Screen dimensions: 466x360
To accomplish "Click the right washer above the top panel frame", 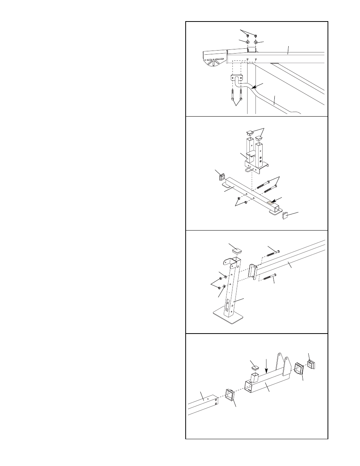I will click(256, 42).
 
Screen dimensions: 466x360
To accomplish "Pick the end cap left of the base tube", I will click(220, 176).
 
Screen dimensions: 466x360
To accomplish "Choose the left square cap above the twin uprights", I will click(249, 132).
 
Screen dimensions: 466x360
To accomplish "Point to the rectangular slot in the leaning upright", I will click(228, 304).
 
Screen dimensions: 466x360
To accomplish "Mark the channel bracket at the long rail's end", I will click(253, 272).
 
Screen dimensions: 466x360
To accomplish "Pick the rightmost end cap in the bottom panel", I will click(312, 364).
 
